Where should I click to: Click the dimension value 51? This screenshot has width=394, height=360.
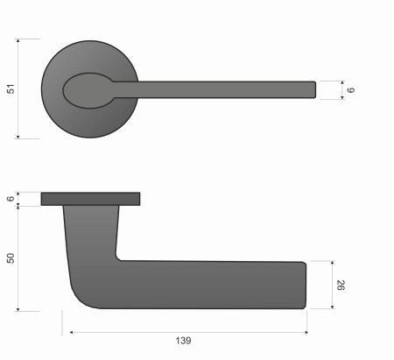(11, 88)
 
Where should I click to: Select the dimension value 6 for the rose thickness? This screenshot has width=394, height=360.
(11, 199)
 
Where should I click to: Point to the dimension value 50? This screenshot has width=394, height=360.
(11, 258)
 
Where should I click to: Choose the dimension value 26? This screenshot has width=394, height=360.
(341, 285)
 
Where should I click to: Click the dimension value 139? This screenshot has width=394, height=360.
(183, 340)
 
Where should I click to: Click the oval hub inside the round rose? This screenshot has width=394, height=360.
(88, 88)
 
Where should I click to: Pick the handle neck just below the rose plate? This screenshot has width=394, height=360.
(91, 215)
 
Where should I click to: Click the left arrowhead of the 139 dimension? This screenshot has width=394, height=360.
(72, 332)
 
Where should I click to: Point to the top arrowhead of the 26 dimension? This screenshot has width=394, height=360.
(333, 263)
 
